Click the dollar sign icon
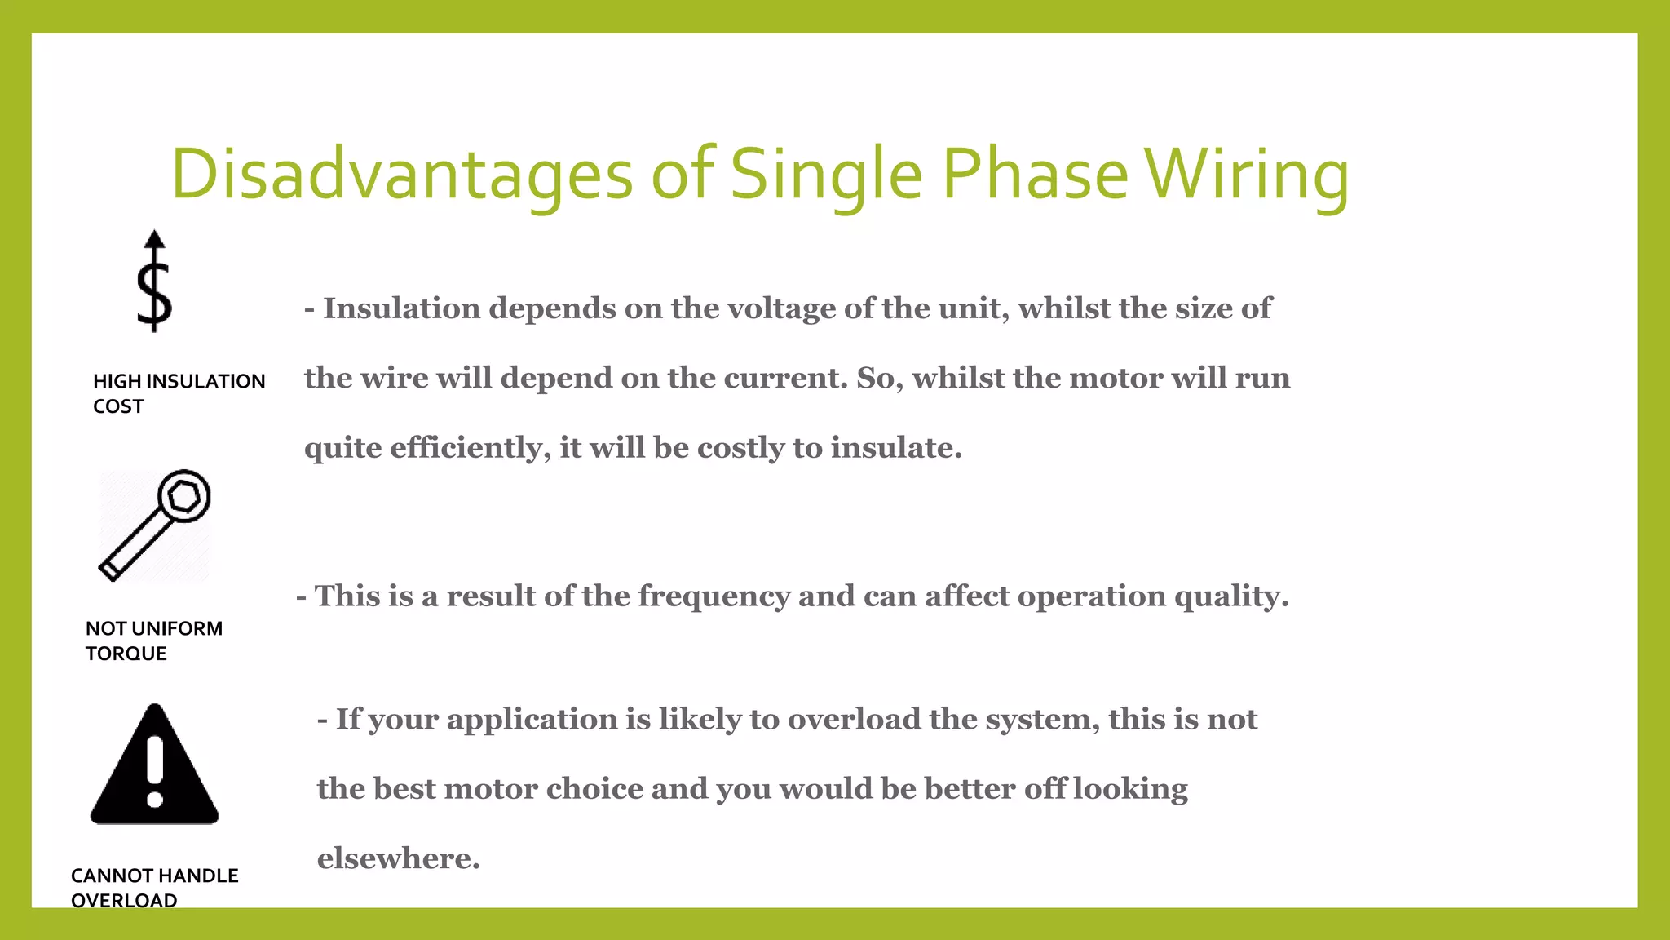pyautogui.click(x=154, y=294)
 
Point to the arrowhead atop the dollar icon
pyautogui.click(x=154, y=239)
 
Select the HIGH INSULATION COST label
pyautogui.click(x=179, y=393)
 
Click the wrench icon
pyautogui.click(x=154, y=525)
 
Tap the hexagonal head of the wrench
pyautogui.click(x=183, y=496)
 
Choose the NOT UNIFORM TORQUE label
pyautogui.click(x=153, y=641)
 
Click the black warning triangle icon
pyautogui.click(x=154, y=767)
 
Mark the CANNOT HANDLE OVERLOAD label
pyautogui.click(x=154, y=888)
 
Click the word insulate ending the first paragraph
pyautogui.click(x=895, y=448)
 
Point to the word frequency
pyautogui.click(x=714, y=596)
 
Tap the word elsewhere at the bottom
pyautogui.click(x=397, y=858)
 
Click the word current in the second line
pyautogui.click(x=786, y=378)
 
